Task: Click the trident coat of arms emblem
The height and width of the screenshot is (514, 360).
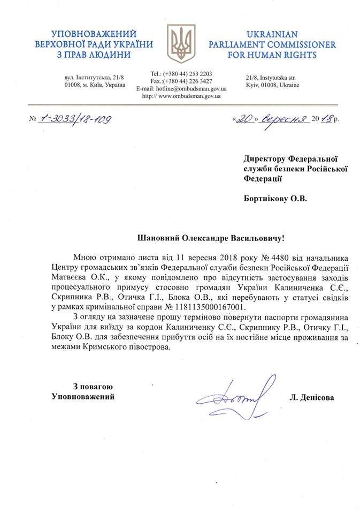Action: [180, 43]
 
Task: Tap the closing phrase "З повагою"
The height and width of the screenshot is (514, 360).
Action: [94, 387]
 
